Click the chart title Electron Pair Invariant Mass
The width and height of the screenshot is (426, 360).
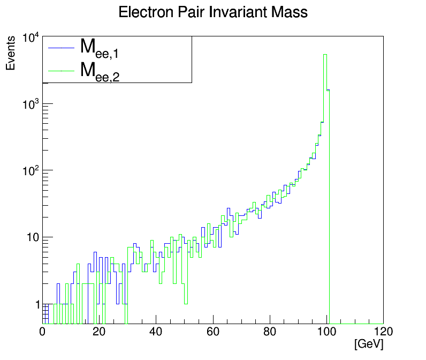tap(213, 12)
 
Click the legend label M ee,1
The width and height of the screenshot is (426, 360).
tap(100, 48)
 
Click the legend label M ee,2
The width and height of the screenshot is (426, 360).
tap(100, 71)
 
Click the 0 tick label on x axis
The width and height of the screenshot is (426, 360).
tap(43, 332)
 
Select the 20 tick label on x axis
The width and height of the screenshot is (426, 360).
tap(99, 332)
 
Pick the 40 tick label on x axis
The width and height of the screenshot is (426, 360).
tap(156, 332)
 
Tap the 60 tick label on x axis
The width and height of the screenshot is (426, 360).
tap(212, 332)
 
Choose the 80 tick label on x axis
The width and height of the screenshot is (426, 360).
tap(269, 332)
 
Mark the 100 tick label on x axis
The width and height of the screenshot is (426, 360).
tap(326, 332)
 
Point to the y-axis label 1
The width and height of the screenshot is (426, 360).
tap(36, 304)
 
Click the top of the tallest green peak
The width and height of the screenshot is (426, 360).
tap(325, 54)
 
